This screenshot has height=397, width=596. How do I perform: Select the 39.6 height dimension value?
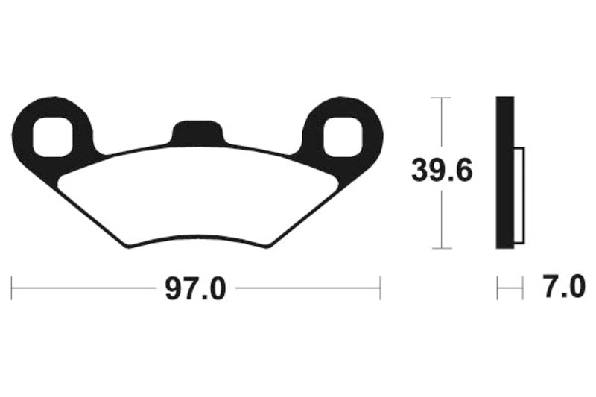click(x=442, y=172)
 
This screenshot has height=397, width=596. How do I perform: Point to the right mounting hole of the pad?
click(x=345, y=136)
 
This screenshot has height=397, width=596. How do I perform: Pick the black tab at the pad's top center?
click(x=198, y=133)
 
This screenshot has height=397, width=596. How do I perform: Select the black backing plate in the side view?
click(x=505, y=173)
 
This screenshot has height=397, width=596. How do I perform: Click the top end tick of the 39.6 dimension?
click(x=442, y=98)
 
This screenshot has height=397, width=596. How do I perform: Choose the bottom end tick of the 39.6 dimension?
click(x=442, y=248)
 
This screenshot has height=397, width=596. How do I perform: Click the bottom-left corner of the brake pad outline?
click(x=129, y=247)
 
